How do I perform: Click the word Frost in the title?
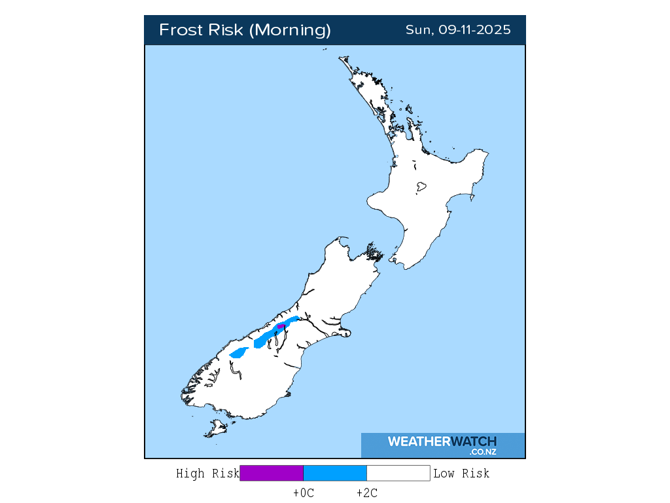[x=180, y=30]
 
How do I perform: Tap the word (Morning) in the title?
[x=291, y=30]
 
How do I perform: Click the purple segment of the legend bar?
[x=272, y=474]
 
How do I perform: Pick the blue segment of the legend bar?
[x=335, y=474]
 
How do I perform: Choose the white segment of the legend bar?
[x=398, y=474]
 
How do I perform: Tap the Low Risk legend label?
[x=461, y=474]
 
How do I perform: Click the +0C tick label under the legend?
[x=304, y=493]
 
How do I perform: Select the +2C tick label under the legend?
[x=366, y=493]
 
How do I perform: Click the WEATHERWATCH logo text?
[x=442, y=441]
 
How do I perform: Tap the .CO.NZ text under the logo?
[x=483, y=452]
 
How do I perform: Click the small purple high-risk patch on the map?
[x=281, y=326]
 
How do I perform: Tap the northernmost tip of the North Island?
[x=341, y=58]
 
